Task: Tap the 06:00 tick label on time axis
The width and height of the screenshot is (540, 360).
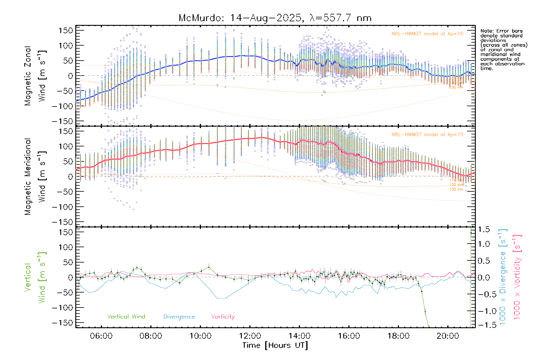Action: [101, 336]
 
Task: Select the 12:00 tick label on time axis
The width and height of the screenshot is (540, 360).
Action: [250, 336]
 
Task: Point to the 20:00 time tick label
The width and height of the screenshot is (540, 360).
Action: [448, 336]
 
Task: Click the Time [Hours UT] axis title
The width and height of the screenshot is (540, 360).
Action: [275, 345]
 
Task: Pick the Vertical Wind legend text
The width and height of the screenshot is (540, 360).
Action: [126, 317]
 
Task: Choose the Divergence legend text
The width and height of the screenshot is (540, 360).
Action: [179, 317]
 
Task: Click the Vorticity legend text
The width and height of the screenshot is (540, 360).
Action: [223, 317]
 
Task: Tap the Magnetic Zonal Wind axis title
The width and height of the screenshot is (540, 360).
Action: [35, 76]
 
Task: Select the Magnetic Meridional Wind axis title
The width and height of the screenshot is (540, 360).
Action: [35, 177]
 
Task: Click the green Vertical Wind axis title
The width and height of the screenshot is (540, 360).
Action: [35, 277]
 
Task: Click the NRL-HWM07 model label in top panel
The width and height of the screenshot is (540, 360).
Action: [427, 34]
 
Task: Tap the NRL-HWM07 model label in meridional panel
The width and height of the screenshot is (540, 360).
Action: [427, 135]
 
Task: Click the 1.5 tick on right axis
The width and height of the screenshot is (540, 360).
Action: [484, 229]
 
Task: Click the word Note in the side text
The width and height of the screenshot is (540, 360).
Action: [486, 31]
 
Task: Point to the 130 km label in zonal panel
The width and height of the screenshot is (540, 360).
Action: [456, 87]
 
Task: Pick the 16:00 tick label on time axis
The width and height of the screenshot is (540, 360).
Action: [349, 336]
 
